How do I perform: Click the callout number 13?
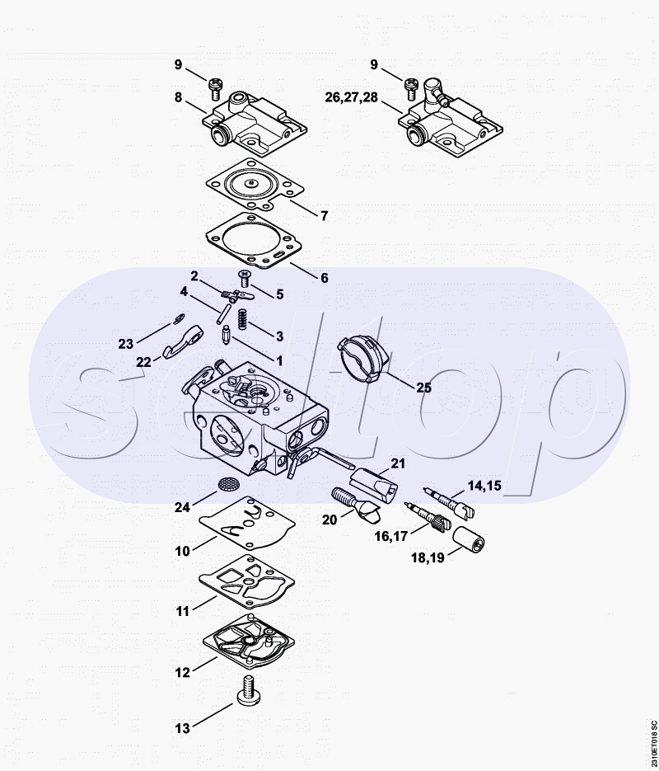click(182, 728)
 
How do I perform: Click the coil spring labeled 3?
click(241, 319)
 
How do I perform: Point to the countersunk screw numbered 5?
click(244, 279)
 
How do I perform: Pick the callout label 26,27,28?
click(352, 97)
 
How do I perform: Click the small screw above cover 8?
click(214, 88)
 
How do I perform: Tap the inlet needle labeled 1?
click(227, 336)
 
